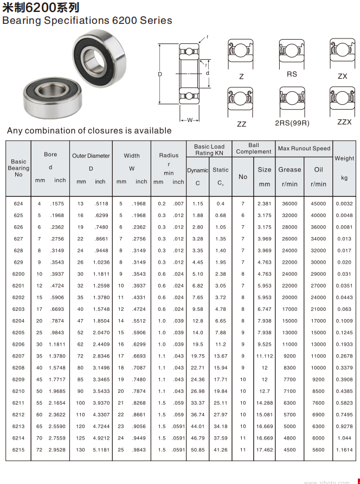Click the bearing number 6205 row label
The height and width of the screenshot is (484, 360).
click(x=18, y=333)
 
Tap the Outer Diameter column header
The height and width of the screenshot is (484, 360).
click(x=91, y=156)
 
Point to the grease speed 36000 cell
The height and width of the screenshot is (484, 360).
click(x=290, y=203)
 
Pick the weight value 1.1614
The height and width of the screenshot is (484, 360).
click(x=344, y=450)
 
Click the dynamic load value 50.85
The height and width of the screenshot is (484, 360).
click(x=198, y=450)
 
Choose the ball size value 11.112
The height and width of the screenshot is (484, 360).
click(x=265, y=356)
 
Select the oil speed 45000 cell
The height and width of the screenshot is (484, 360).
click(x=318, y=203)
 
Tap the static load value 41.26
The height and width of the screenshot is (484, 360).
click(x=221, y=450)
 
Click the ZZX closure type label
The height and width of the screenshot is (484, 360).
click(x=344, y=122)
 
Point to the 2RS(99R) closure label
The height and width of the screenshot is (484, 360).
click(x=292, y=123)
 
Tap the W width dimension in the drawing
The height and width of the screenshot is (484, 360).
click(x=190, y=120)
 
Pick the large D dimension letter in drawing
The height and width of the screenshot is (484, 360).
click(x=160, y=74)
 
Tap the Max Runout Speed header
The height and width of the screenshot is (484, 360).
click(x=304, y=149)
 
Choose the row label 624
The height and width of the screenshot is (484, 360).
click(x=18, y=203)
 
